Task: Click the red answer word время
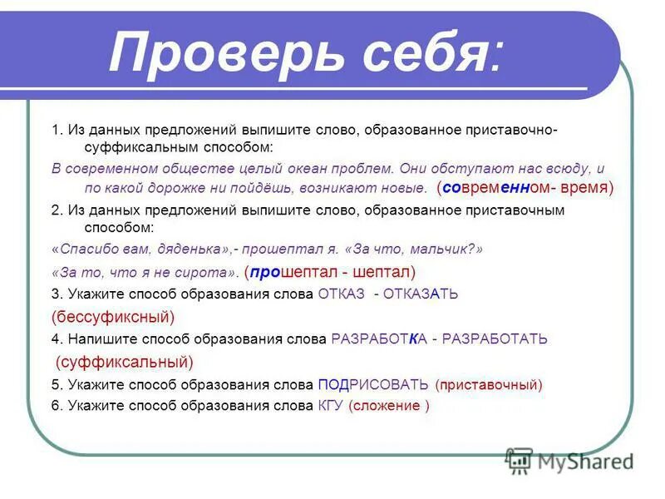coord(585,188)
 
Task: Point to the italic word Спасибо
coord(86,249)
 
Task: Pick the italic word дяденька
coord(188,249)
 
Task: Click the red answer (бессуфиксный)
coord(113,316)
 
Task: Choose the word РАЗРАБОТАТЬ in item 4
coord(495,338)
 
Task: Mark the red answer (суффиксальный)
coord(125,362)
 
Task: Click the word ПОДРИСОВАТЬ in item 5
coord(373,384)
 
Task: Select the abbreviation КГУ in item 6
coord(331,406)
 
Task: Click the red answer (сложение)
coord(389,406)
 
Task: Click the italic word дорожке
coord(199,188)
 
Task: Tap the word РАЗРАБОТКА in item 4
coord(379,338)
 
